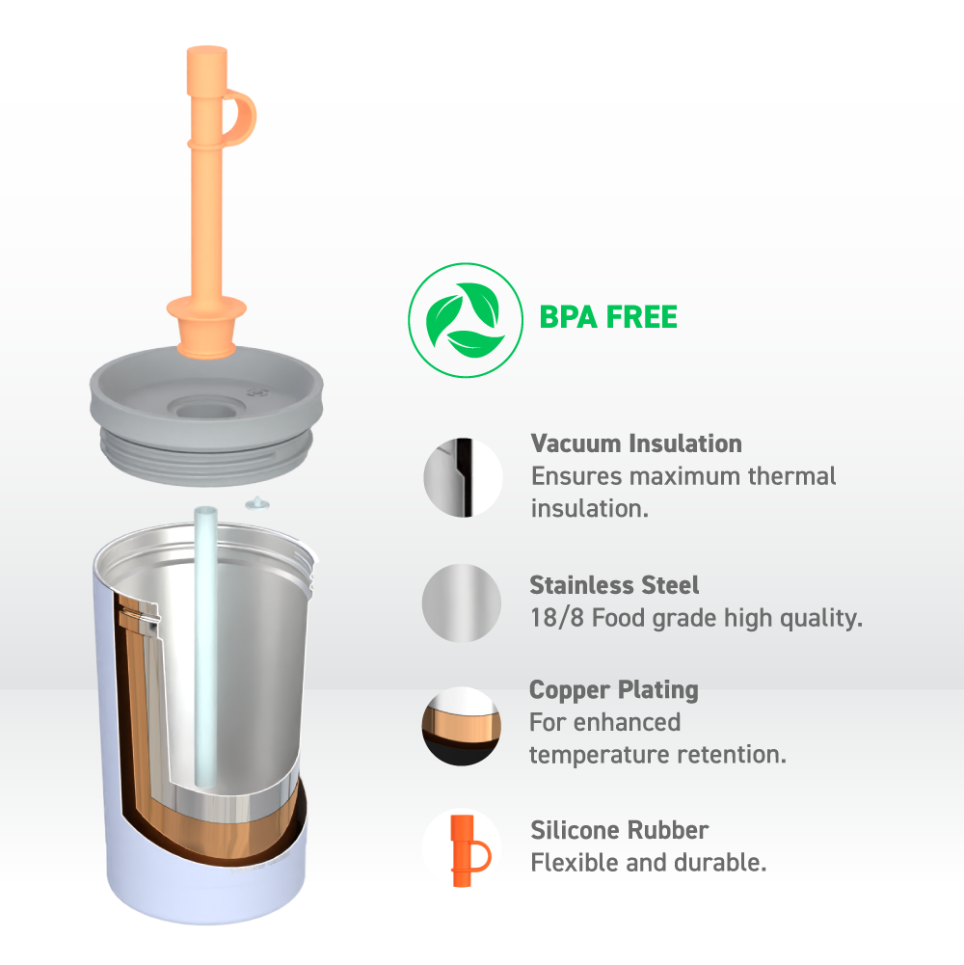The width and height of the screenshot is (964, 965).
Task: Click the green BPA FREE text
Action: coord(608,317)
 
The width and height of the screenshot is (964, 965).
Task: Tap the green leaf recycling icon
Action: coord(466,320)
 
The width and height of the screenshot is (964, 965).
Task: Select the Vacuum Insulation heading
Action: coord(636,443)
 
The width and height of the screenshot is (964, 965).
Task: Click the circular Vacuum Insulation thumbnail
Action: coord(463,477)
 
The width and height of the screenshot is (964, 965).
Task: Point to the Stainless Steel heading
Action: coord(614,584)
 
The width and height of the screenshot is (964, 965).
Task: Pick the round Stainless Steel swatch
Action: coord(462,603)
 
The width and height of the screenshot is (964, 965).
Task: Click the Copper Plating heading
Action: coord(614,690)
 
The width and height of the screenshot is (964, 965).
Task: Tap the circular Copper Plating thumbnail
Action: coord(461,726)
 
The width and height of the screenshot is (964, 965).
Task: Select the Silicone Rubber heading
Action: coord(619,830)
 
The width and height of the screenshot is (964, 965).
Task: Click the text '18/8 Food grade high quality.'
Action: coord(696,618)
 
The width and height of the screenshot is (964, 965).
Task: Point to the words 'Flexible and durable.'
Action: coord(648,863)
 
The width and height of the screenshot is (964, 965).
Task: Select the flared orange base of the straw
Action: coord(207,326)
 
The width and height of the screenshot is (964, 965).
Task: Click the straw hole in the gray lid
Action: coord(207,408)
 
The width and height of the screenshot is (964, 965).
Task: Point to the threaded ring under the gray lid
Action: coord(207,459)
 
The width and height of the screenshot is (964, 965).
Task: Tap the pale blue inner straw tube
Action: coord(205,646)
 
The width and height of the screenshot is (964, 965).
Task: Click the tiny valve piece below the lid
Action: coord(257,504)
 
